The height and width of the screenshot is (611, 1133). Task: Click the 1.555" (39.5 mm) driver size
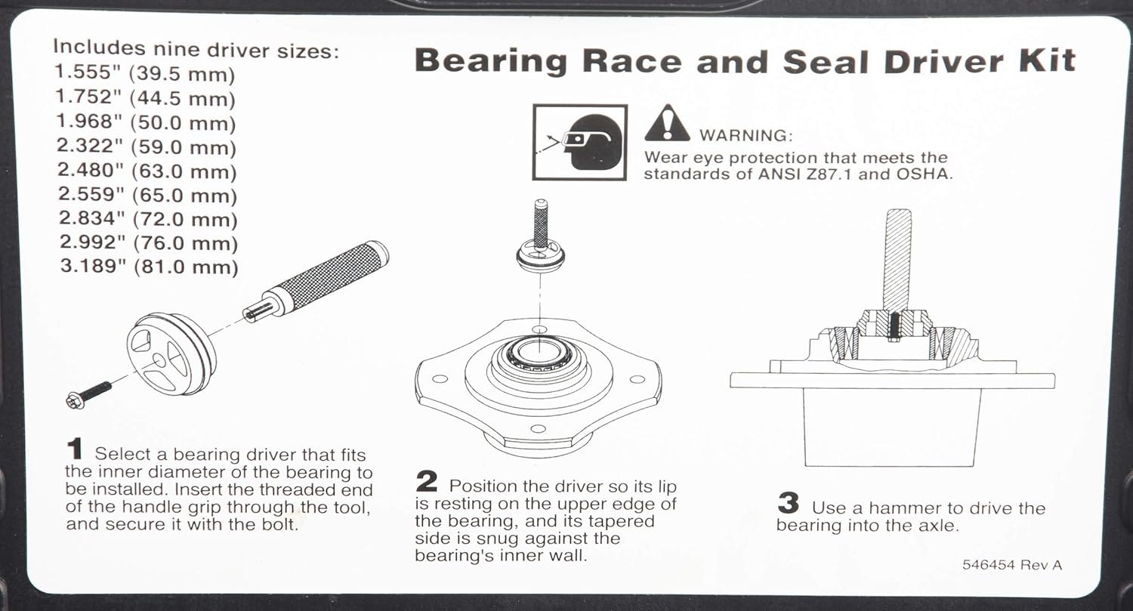pos(144,74)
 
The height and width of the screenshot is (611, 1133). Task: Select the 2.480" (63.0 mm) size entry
pos(147,171)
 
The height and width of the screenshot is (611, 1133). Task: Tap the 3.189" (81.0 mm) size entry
pos(147,267)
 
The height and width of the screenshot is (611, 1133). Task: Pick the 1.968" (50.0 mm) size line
pos(146,122)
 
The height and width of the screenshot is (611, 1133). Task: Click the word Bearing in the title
pos(490,60)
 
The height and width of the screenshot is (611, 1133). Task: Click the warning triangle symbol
pos(666,125)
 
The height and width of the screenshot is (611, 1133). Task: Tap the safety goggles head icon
pos(579,142)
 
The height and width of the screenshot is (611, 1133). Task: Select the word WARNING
pos(746,136)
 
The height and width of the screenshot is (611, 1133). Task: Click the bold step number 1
pos(75,450)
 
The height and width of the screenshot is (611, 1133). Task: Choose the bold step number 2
pos(427,482)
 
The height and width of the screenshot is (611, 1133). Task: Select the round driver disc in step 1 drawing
pos(171,353)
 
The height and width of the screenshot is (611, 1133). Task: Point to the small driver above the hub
pos(540,253)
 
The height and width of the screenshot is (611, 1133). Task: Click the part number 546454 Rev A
pos(1011,565)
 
